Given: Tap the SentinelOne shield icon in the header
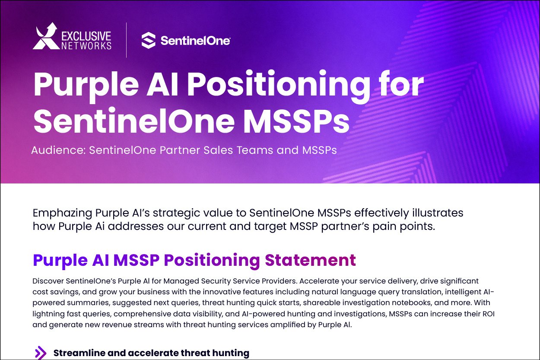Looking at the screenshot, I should point(148,40).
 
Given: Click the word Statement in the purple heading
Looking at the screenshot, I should point(310,260).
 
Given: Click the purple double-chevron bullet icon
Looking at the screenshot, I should point(41,353).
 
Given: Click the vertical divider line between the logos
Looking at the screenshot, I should point(126,40).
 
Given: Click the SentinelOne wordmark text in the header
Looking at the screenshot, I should point(195,41).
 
